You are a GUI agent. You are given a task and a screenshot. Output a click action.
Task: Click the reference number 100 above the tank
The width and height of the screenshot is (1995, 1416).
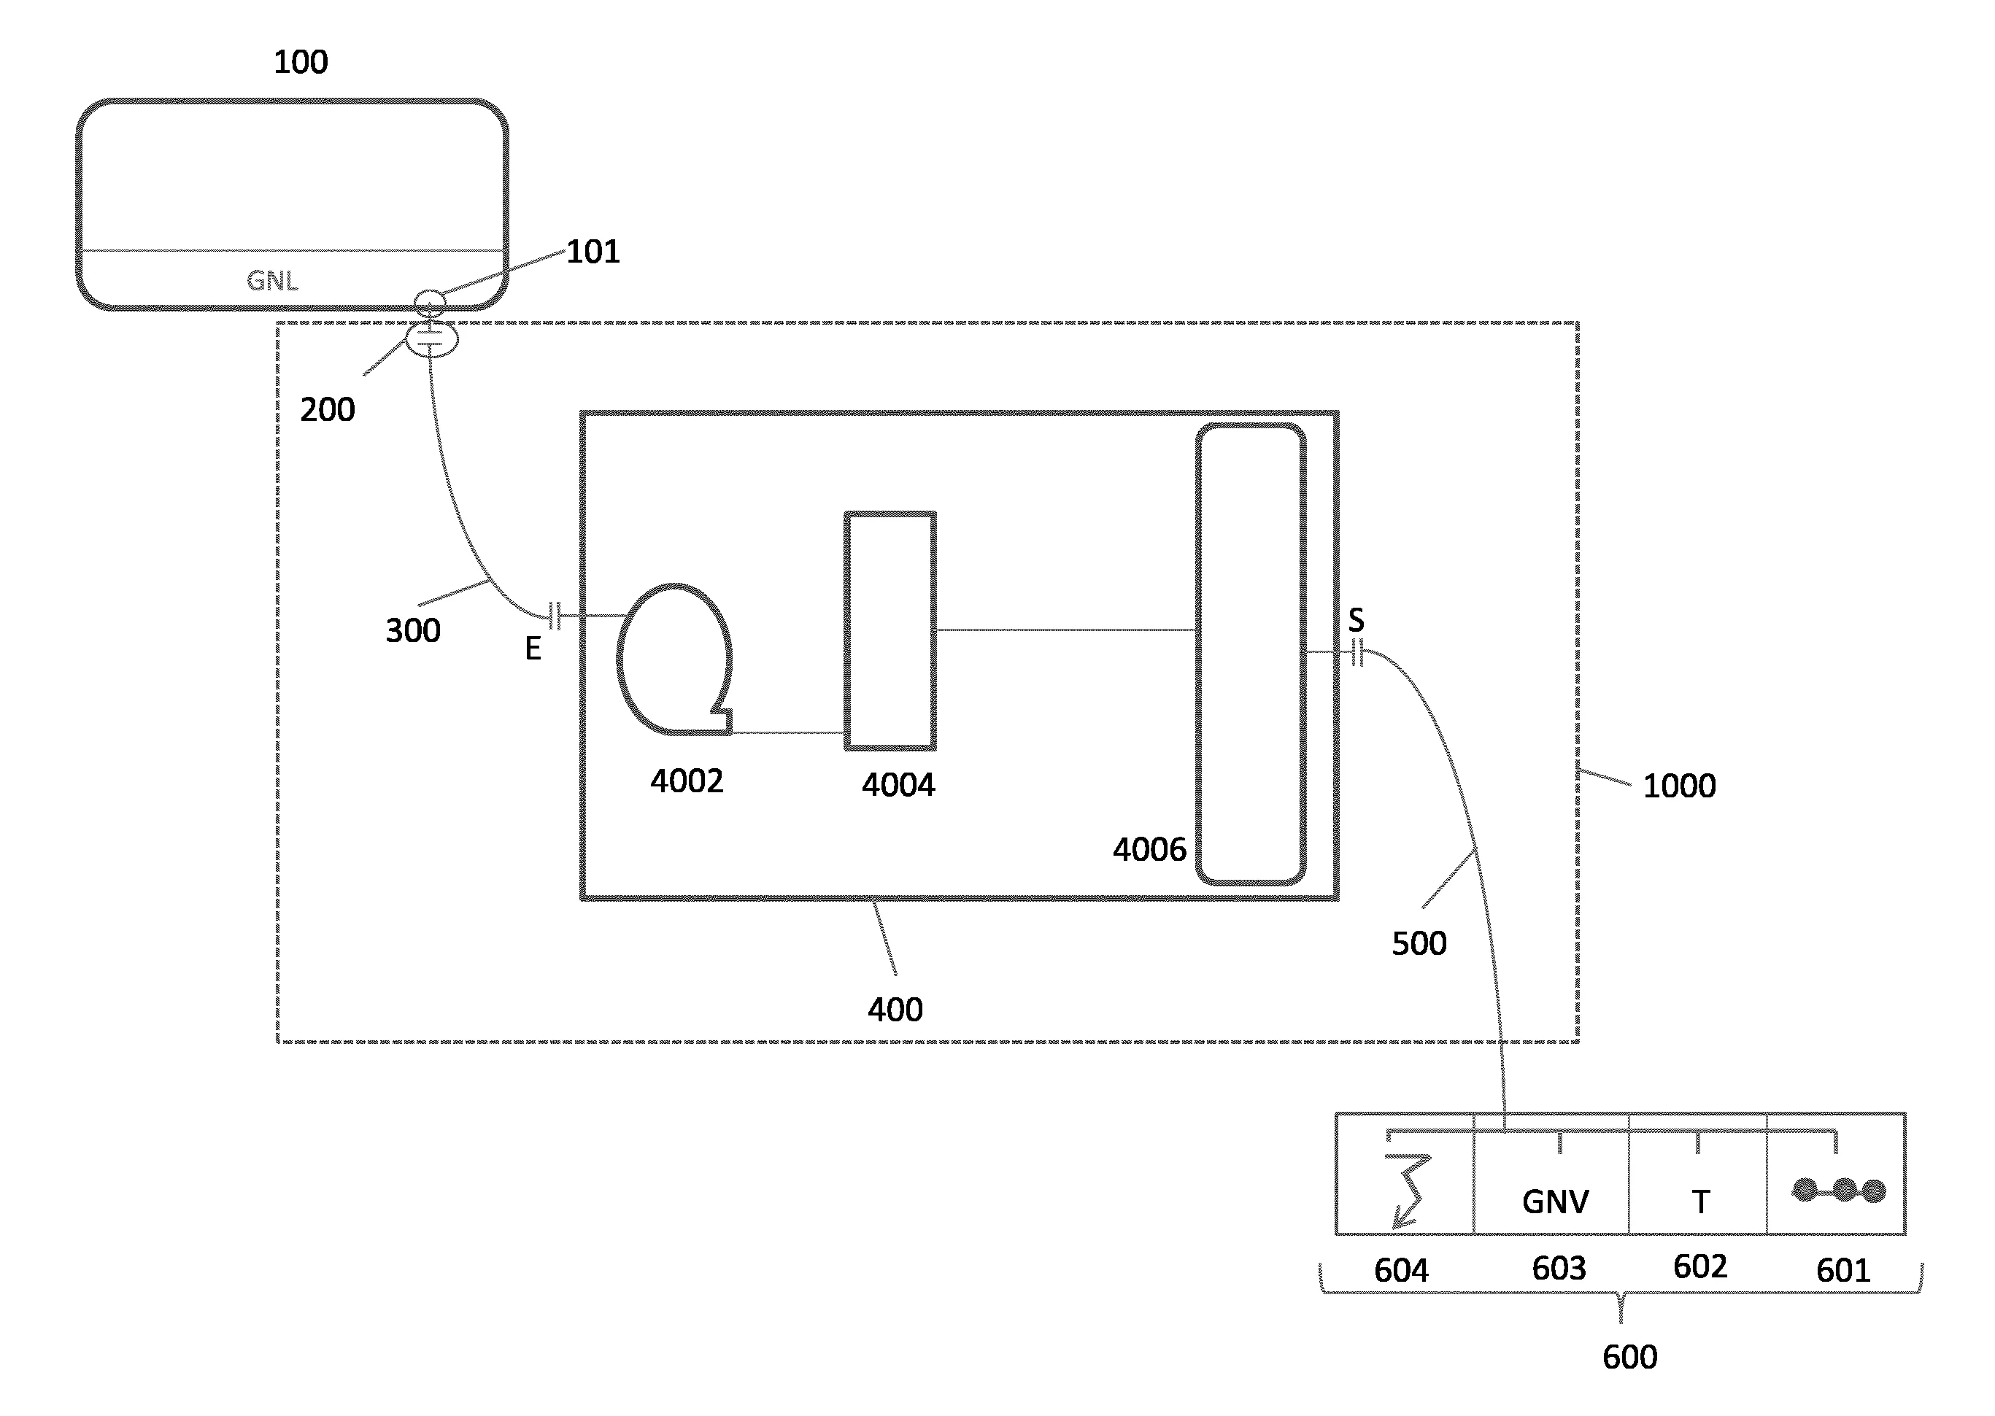(x=301, y=62)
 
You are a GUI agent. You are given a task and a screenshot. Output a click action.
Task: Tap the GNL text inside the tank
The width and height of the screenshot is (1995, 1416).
(x=272, y=281)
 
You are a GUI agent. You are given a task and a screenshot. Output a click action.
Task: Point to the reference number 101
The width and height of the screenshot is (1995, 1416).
(x=593, y=252)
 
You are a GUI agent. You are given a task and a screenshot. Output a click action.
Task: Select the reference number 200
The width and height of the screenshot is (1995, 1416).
(x=328, y=410)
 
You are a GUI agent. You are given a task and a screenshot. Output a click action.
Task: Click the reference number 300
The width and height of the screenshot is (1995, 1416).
(x=413, y=630)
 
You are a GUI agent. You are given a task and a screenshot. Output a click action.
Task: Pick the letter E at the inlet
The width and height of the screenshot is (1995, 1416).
(x=533, y=649)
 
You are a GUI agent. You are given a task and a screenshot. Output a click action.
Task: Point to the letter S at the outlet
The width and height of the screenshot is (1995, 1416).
(x=1356, y=621)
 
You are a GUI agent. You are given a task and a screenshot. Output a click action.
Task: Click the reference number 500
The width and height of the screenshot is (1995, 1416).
(x=1419, y=943)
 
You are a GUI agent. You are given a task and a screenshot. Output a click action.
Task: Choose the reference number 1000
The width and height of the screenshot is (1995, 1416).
(x=1679, y=786)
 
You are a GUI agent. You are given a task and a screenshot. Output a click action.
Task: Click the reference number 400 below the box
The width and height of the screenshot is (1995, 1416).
(x=895, y=1010)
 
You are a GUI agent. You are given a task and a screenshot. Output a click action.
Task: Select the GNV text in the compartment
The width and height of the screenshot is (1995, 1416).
(x=1556, y=1202)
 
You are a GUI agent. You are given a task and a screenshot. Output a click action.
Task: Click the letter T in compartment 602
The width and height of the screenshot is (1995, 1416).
(x=1700, y=1202)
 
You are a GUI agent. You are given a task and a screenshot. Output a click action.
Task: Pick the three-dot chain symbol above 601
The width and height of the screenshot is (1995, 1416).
(x=1839, y=1190)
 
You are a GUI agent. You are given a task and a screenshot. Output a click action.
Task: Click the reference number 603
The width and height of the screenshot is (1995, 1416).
(x=1559, y=1269)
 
